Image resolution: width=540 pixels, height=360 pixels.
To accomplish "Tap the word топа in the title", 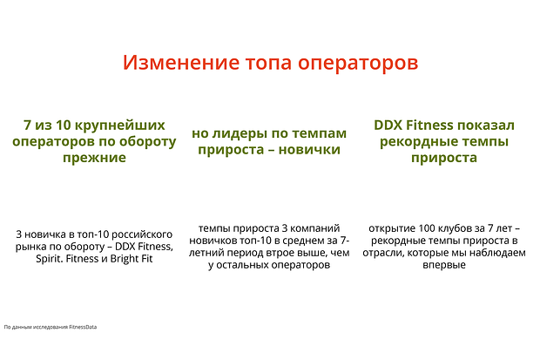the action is point(268,63).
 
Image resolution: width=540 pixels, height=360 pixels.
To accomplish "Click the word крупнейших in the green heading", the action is point(120,126).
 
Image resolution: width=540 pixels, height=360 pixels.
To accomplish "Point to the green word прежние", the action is point(94,158).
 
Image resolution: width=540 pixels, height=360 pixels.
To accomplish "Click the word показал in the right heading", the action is point(486,126).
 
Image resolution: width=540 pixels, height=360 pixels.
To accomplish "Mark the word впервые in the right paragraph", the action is point(444,265).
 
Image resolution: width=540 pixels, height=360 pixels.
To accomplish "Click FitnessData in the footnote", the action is point(83,327).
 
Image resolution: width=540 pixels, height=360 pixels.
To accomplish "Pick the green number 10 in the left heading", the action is point(63,126).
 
